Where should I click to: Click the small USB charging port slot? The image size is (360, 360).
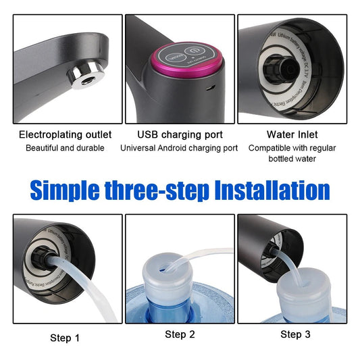[x=211, y=88]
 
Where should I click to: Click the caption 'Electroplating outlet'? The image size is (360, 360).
[x=65, y=134]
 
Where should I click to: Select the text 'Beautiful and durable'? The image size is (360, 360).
[x=65, y=148]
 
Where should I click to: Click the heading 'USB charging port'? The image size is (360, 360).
[x=179, y=134]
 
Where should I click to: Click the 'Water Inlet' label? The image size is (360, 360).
[x=292, y=134]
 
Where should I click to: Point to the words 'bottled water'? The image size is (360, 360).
[x=292, y=159]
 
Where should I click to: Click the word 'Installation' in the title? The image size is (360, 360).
[x=272, y=189]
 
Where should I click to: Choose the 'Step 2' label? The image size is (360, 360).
[x=179, y=334]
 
